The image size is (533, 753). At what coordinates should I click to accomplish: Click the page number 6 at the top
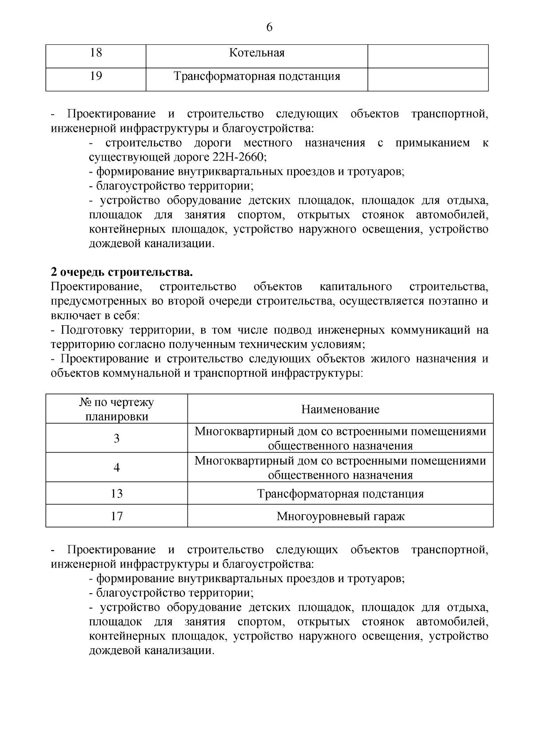pyautogui.click(x=269, y=28)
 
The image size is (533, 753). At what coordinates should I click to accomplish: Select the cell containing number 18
pyautogui.click(x=96, y=53)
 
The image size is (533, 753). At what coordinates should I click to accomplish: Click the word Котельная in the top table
pyautogui.click(x=257, y=53)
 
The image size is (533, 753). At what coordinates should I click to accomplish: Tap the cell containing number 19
pyautogui.click(x=96, y=76)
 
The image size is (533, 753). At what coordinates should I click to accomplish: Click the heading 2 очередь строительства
pyautogui.click(x=122, y=272)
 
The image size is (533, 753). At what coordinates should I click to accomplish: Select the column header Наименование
pyautogui.click(x=340, y=409)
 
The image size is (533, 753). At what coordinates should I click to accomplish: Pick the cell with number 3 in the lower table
pyautogui.click(x=116, y=438)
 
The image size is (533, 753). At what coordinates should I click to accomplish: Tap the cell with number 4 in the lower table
pyautogui.click(x=116, y=468)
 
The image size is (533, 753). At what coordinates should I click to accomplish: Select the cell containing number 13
pyautogui.click(x=116, y=494)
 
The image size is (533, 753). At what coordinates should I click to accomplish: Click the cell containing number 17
pyautogui.click(x=116, y=516)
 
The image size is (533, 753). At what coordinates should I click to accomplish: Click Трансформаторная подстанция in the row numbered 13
pyautogui.click(x=340, y=494)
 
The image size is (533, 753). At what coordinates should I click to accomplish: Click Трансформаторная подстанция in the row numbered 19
pyautogui.click(x=257, y=76)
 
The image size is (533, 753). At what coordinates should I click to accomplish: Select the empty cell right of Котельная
pyautogui.click(x=428, y=56)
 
